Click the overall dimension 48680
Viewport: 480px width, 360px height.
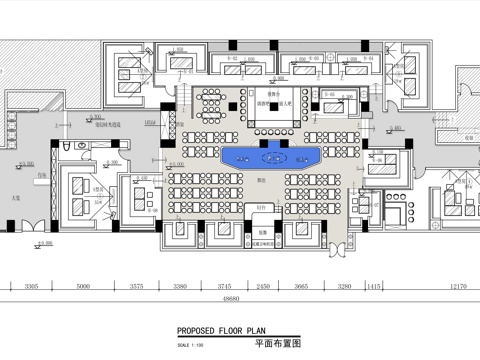pyautogui.click(x=232, y=299)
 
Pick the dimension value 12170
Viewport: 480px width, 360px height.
pyautogui.click(x=458, y=287)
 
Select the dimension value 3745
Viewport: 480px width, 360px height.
pyautogui.click(x=225, y=287)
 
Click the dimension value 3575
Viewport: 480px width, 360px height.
pyautogui.click(x=137, y=287)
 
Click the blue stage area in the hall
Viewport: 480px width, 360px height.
pyautogui.click(x=269, y=156)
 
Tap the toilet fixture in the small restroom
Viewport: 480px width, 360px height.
pyautogui.click(x=62, y=147)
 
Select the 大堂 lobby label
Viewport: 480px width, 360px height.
pyautogui.click(x=16, y=198)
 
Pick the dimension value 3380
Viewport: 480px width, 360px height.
pyautogui.click(x=181, y=287)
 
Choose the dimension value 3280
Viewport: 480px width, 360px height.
pyautogui.click(x=343, y=287)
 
